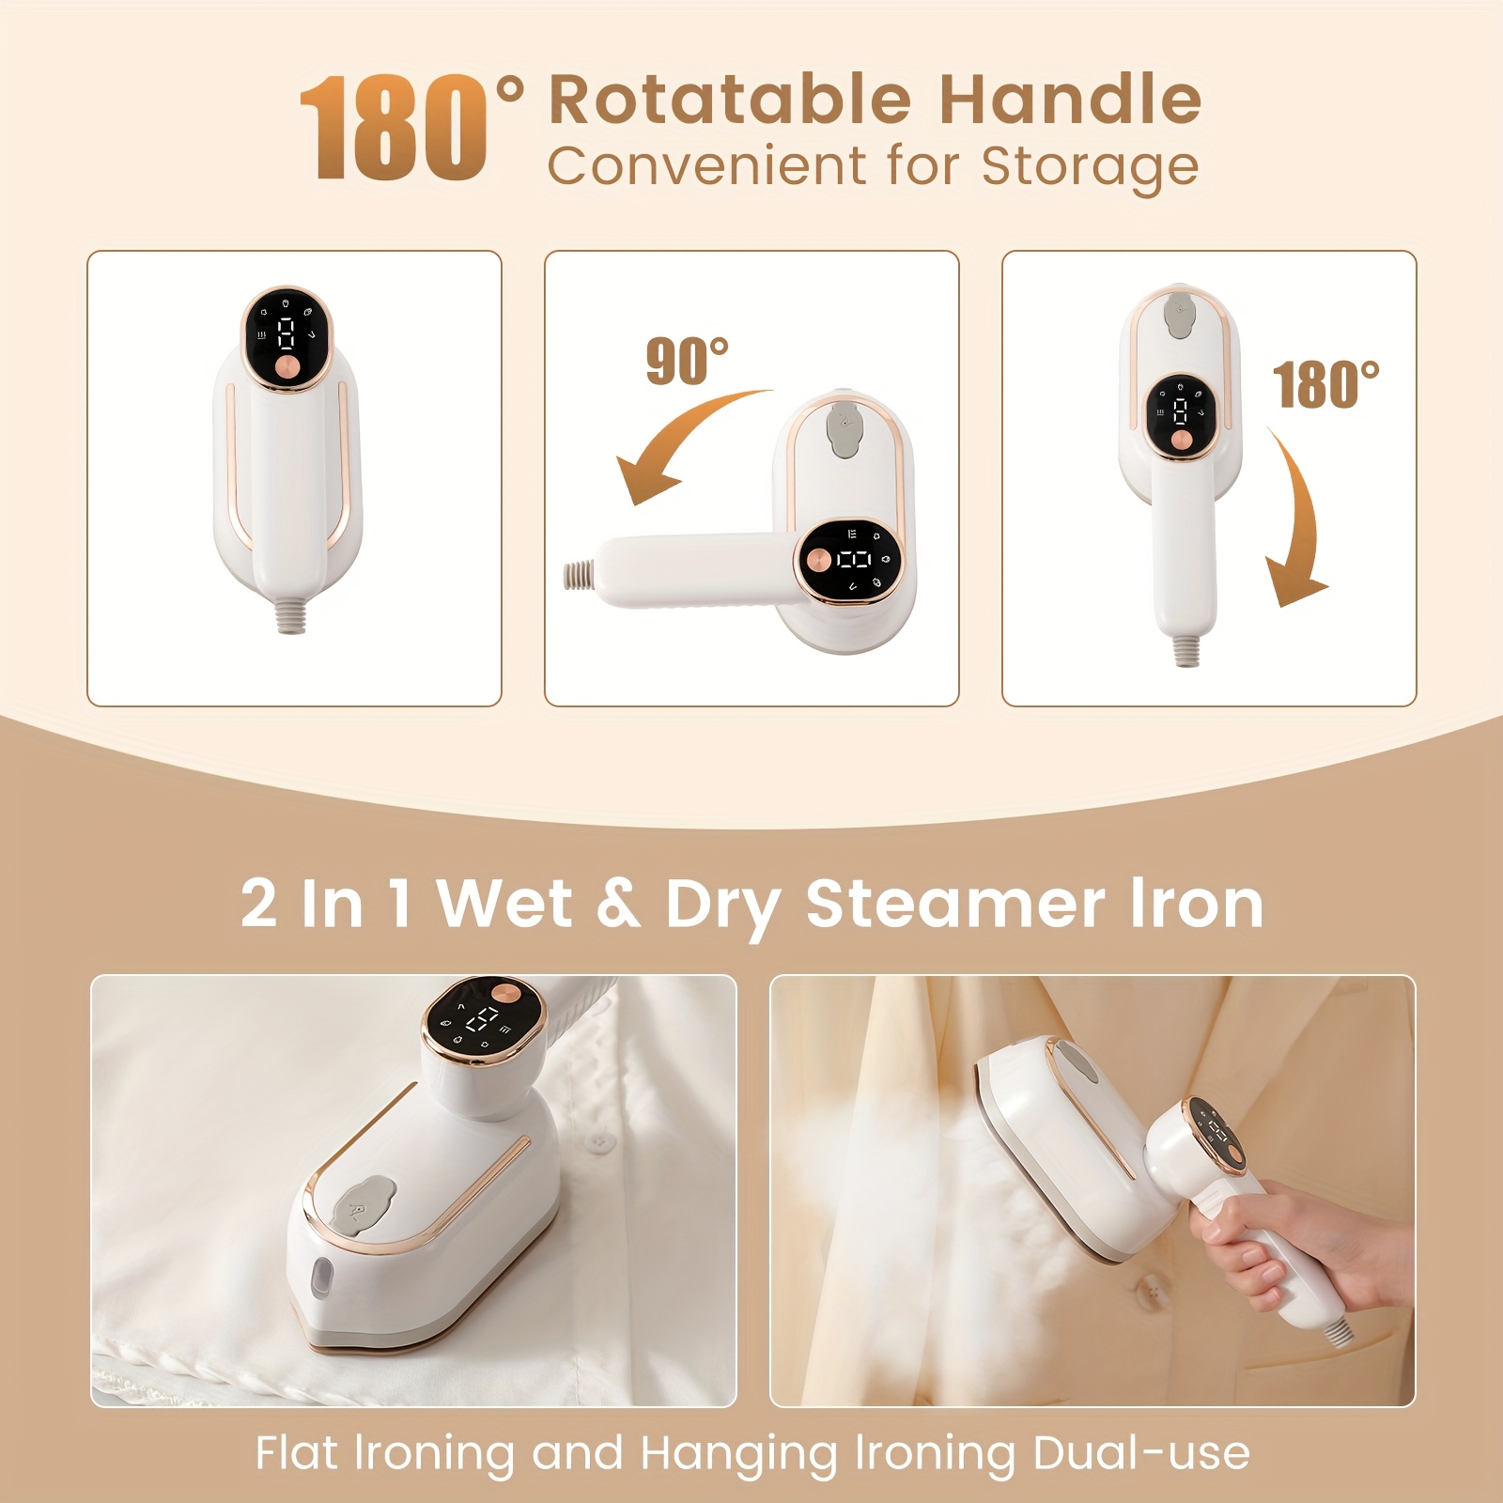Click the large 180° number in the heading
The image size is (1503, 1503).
click(395, 129)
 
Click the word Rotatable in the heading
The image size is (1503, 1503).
click(730, 100)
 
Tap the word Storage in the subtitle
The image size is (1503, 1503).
click(1090, 167)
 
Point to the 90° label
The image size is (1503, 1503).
click(687, 362)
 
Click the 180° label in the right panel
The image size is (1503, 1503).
click(1325, 385)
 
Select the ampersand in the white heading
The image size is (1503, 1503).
click(617, 904)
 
